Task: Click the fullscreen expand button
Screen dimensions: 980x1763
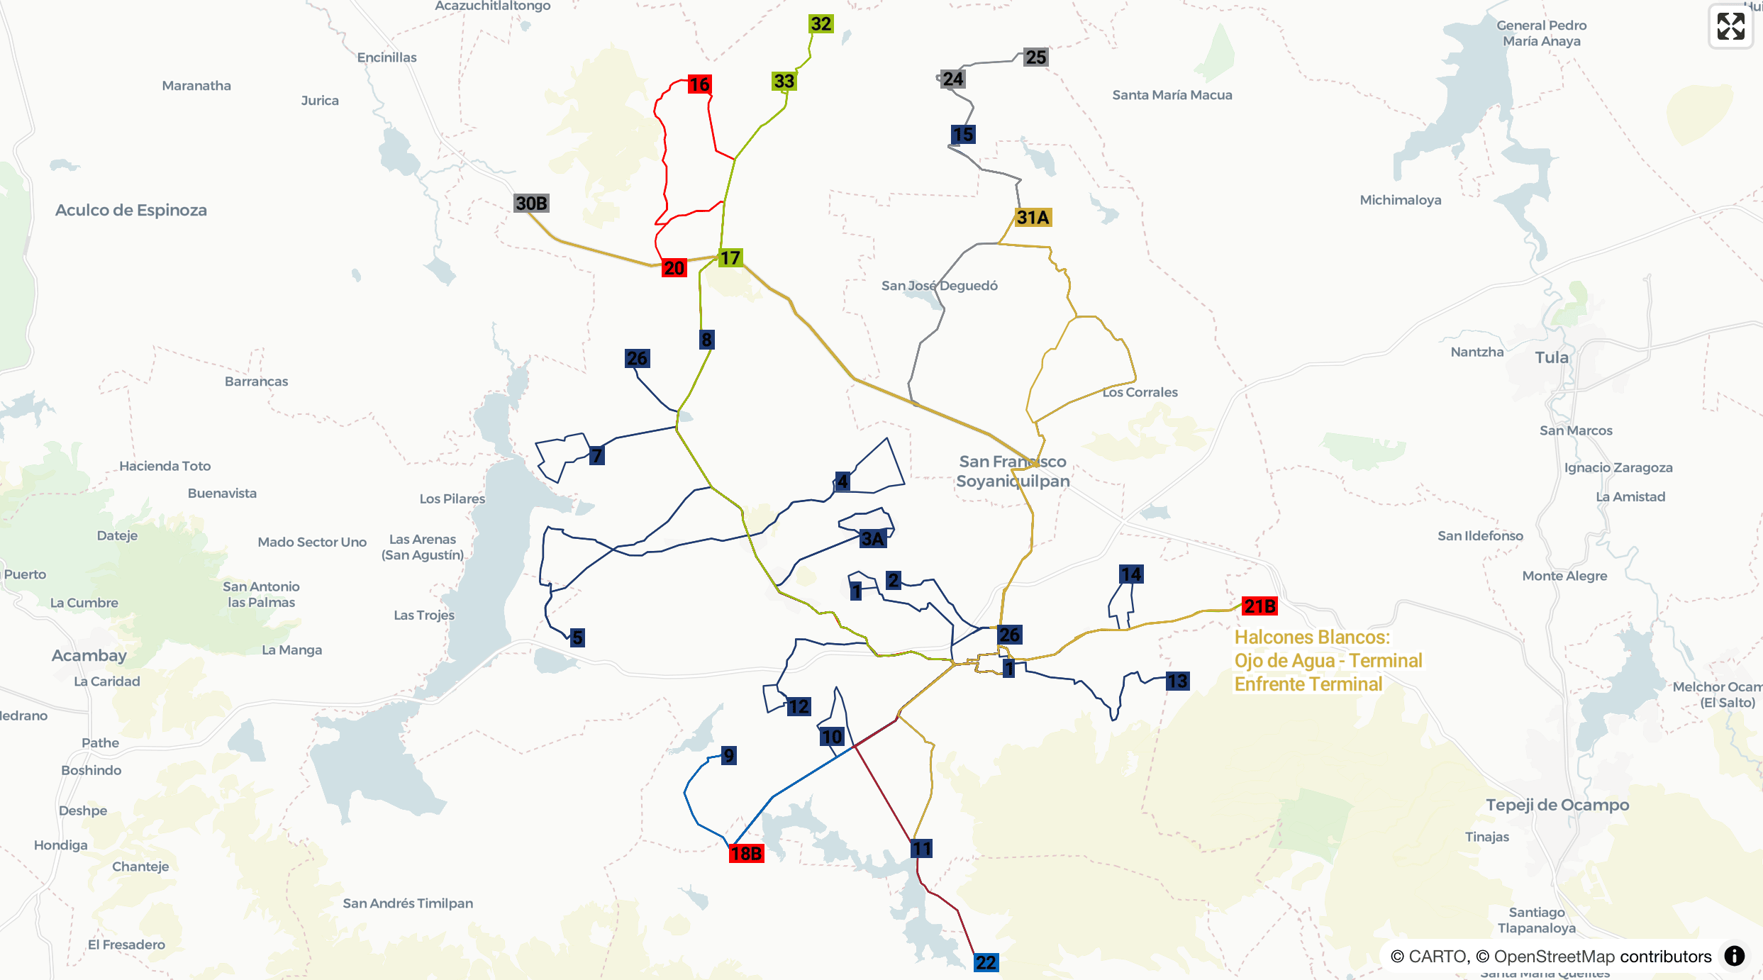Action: [x=1730, y=26]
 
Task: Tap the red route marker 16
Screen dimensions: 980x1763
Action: [x=699, y=84]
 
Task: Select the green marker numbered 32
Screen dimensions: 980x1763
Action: [x=821, y=23]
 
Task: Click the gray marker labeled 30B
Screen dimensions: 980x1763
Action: [x=531, y=204]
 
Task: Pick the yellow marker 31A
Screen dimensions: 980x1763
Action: [x=1033, y=218]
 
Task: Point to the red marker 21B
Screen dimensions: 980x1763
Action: [x=1259, y=606]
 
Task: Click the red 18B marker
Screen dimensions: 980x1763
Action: [x=746, y=854]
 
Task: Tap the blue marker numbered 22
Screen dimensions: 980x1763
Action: [x=986, y=962]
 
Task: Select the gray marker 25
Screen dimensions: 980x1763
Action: [x=1035, y=57]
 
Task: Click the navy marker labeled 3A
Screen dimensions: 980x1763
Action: [x=872, y=539]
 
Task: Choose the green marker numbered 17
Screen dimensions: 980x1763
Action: [x=730, y=258]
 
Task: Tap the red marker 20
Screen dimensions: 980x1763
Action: [x=674, y=268]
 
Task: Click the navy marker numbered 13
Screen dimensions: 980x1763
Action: [x=1177, y=681]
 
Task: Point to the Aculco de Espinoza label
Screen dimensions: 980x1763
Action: [x=131, y=210]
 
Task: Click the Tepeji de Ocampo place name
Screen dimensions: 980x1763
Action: [x=1557, y=805]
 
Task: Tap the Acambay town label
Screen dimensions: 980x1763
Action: [x=89, y=655]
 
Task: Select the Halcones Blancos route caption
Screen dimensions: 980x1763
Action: [x=1328, y=660]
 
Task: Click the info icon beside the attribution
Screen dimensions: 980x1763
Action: [x=1735, y=956]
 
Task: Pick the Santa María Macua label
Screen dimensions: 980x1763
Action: [x=1172, y=95]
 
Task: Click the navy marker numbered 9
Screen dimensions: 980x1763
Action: [x=729, y=755]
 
